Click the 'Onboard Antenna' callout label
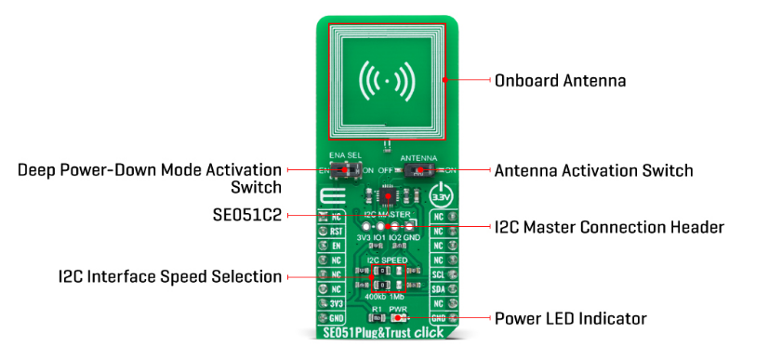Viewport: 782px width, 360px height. [560, 81]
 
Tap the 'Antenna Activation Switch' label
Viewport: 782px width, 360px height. [593, 170]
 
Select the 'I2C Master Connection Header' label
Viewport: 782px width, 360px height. [608, 226]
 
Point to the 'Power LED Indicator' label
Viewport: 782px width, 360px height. [571, 318]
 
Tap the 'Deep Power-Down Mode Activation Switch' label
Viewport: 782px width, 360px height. [149, 179]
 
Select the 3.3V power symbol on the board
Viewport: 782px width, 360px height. [443, 196]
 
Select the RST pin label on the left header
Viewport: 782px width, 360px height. [338, 231]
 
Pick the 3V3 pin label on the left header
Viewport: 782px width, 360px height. [338, 303]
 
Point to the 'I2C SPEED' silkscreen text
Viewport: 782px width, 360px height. [387, 260]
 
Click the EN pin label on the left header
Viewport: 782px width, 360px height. [338, 246]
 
